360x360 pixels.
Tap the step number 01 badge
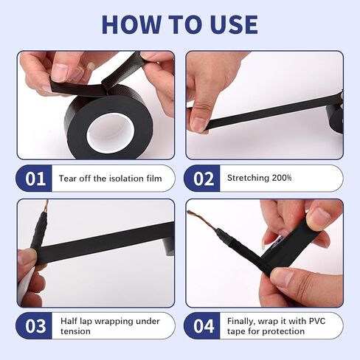click(x=35, y=179)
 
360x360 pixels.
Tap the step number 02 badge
click(x=204, y=179)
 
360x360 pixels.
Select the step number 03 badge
click(x=35, y=325)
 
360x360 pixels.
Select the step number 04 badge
click(x=204, y=325)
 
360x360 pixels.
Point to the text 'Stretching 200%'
click(x=259, y=179)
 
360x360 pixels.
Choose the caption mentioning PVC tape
click(x=275, y=325)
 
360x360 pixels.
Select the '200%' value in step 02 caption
click(x=281, y=179)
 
